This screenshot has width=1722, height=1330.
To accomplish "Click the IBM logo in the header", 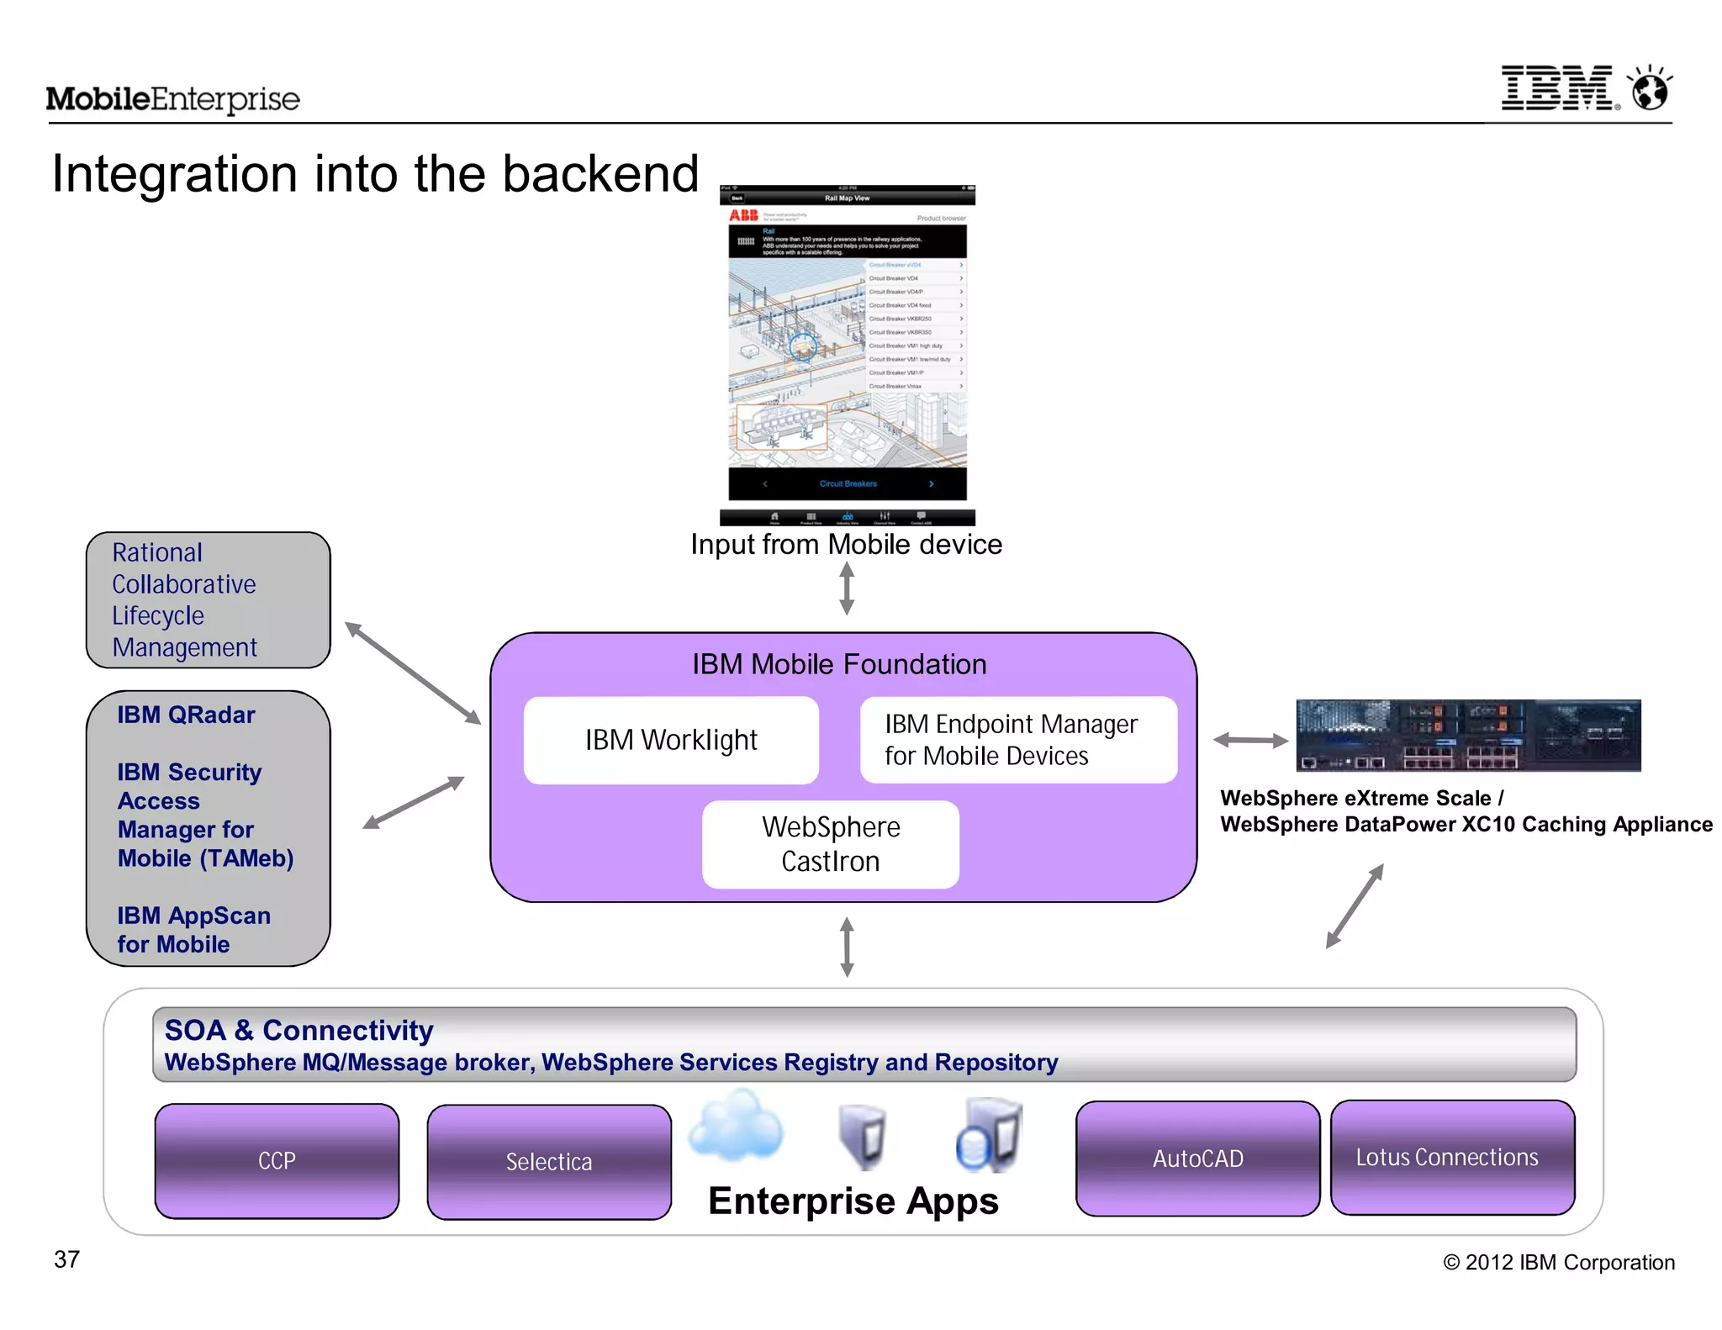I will tap(1558, 88).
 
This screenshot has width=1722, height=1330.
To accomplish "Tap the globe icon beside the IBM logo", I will tap(1650, 89).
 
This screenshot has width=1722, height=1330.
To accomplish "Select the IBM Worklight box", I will tap(671, 740).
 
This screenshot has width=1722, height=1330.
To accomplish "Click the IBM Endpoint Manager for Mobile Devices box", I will tap(1018, 740).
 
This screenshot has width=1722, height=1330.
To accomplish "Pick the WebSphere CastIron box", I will tap(831, 844).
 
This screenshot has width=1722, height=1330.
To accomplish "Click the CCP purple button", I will tap(277, 1161).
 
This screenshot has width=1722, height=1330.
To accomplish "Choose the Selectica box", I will tap(549, 1162).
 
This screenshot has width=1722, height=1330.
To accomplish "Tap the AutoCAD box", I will tap(1197, 1158).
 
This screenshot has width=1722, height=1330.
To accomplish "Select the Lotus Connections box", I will tap(1452, 1157).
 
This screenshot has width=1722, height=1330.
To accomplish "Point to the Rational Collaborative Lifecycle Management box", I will tap(208, 599).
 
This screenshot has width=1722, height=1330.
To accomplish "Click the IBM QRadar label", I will tap(186, 715).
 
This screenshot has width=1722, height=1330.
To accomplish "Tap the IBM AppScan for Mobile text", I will tap(193, 930).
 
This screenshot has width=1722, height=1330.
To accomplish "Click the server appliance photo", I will tap(1468, 735).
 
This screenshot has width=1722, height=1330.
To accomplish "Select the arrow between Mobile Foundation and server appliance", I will tap(1250, 740).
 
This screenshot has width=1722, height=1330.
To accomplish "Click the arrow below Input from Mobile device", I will tap(847, 588).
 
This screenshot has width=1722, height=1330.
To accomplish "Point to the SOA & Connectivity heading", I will tap(298, 1030).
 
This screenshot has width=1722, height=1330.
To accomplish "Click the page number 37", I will tap(67, 1259).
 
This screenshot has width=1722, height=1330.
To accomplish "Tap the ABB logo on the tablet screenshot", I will tap(743, 215).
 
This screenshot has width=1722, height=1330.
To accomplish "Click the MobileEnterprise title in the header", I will tap(172, 99).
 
